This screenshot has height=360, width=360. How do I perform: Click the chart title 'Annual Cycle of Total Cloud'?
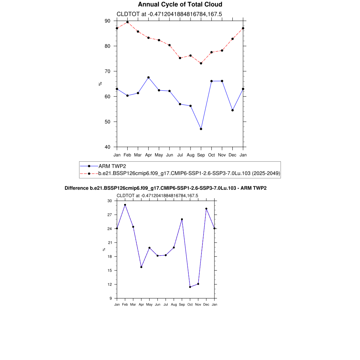(180, 5)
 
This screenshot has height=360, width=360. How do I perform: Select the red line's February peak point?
(127, 22)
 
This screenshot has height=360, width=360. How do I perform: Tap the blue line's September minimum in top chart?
(201, 129)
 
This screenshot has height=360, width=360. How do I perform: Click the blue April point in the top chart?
(148, 77)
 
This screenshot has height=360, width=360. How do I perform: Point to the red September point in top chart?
(201, 63)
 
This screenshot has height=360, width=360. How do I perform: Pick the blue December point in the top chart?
(232, 110)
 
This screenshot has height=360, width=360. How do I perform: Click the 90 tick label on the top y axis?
(107, 21)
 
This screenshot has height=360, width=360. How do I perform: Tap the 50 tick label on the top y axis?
(107, 122)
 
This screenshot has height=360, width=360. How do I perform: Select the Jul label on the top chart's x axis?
(180, 155)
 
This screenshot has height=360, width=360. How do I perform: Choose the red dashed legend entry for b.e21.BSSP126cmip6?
(189, 173)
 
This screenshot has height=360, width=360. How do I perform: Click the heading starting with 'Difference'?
(166, 188)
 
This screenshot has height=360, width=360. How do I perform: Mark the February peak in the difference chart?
(125, 205)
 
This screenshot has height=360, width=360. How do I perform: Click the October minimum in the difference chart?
(190, 287)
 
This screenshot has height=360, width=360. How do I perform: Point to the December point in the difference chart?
(206, 208)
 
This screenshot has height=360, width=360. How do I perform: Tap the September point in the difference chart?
(182, 219)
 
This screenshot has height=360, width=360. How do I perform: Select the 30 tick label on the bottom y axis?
(109, 201)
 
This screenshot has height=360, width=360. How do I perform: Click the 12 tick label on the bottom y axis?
(109, 284)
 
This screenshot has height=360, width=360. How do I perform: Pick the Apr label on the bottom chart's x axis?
(141, 304)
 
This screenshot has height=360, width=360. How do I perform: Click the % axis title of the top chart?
(100, 84)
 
